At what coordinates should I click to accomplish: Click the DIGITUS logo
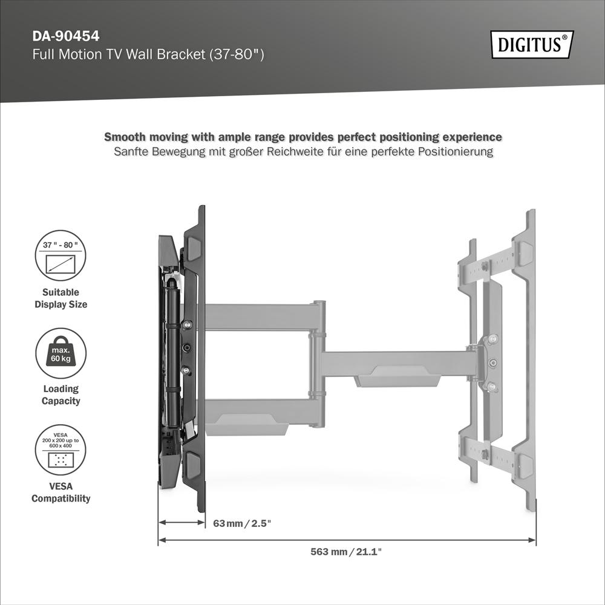pos(532,44)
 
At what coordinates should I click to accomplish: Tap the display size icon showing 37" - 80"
pos(60,255)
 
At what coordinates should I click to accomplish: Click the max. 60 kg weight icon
pos(60,353)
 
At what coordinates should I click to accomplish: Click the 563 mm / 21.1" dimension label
pos(346,552)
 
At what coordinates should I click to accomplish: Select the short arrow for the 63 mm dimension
pos(182,523)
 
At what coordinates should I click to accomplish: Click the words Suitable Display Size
pos(60,298)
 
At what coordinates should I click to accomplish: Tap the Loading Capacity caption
pos(60,394)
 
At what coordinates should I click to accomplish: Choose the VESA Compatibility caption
pos(60,492)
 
